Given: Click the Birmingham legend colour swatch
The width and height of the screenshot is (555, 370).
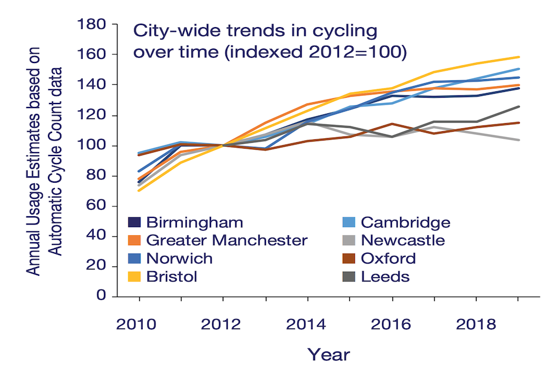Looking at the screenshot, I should (x=135, y=223).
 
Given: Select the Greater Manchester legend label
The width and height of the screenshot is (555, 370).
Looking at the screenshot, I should (x=227, y=240).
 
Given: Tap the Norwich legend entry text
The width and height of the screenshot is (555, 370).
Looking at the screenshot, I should (x=179, y=258).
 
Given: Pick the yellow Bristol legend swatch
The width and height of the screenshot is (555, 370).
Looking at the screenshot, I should (x=135, y=276).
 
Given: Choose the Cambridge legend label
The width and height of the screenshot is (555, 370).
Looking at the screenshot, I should (x=405, y=223).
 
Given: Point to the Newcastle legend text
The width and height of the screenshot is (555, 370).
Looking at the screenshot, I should (x=403, y=240).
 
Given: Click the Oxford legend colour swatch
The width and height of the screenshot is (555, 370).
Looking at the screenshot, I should (x=349, y=258).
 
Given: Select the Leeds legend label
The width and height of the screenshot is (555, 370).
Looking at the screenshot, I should (x=385, y=276).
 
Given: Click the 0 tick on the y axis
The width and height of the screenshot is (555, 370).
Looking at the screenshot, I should (x=102, y=297).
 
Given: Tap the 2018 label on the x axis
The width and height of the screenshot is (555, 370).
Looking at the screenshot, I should (x=476, y=324).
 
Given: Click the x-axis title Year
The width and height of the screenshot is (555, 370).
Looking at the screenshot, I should (x=328, y=353).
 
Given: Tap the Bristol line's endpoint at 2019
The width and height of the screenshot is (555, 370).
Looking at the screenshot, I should (x=519, y=57).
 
